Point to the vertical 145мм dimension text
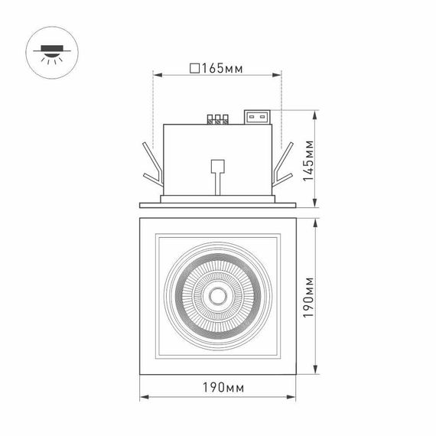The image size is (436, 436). pos(308,159)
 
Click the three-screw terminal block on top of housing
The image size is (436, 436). pos(219,119)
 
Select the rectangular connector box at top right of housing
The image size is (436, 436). pos(257,118)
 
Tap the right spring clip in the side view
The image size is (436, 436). pos(285,167)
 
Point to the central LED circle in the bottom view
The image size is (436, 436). pos(217,295)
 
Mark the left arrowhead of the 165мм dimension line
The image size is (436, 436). pos(157,75)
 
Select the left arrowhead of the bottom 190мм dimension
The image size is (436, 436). pos(143,399)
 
